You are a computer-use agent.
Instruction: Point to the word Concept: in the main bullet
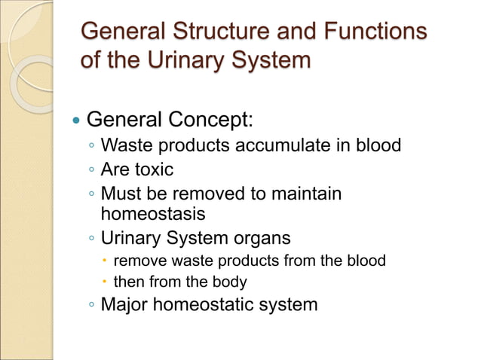[x=210, y=119]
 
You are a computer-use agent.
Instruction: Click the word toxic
[x=153, y=169]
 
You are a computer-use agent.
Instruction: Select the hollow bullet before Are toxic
[x=90, y=170]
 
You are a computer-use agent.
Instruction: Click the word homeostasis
[x=153, y=214]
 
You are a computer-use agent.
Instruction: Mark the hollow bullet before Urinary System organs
[x=90, y=239]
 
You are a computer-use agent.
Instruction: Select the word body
[x=230, y=282]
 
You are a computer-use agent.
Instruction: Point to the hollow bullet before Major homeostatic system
[x=90, y=305]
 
